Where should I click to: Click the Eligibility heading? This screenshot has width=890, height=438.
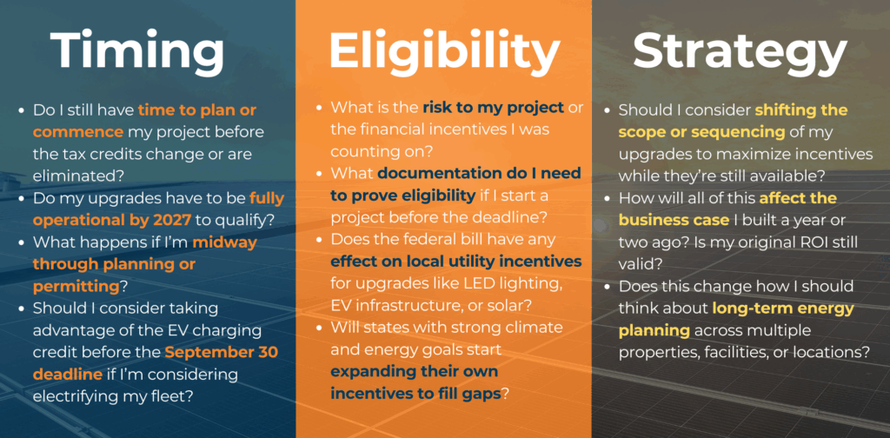(x=443, y=54)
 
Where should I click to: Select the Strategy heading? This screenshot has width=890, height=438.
(x=740, y=54)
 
